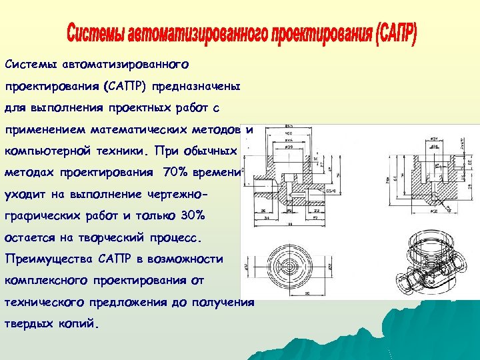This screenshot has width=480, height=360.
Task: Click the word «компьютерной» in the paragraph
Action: (43, 151)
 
